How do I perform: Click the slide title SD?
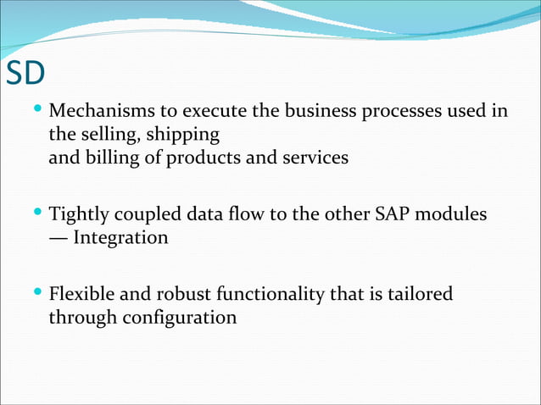click(25, 74)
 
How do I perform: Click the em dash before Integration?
click(59, 238)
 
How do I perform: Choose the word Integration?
click(120, 238)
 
